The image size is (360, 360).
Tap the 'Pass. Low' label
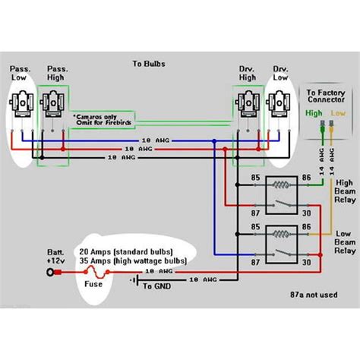(x=21, y=74)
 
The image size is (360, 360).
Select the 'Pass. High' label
(x=55, y=74)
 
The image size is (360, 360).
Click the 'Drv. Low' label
(x=281, y=74)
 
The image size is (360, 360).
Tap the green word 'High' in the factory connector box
(x=314, y=112)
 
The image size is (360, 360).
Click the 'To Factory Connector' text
(x=325, y=96)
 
